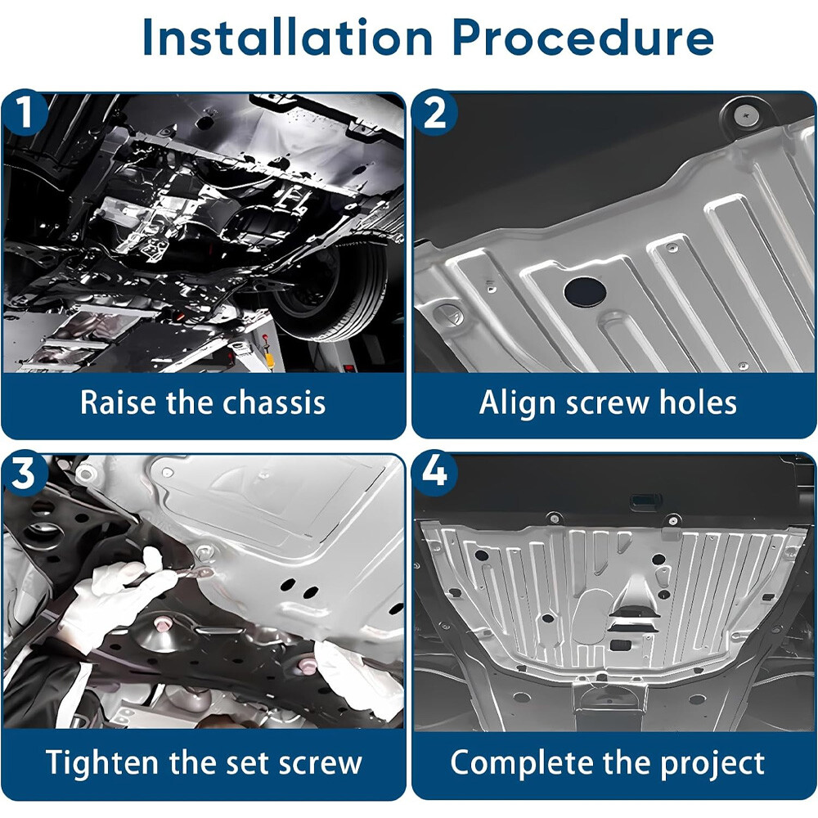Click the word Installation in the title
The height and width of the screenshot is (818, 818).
click(287, 38)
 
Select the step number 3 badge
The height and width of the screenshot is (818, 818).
click(24, 474)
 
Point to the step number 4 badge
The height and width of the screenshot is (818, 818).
click(434, 472)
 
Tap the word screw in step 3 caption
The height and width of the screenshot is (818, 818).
click(321, 764)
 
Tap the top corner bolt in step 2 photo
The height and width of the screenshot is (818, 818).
click(744, 116)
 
